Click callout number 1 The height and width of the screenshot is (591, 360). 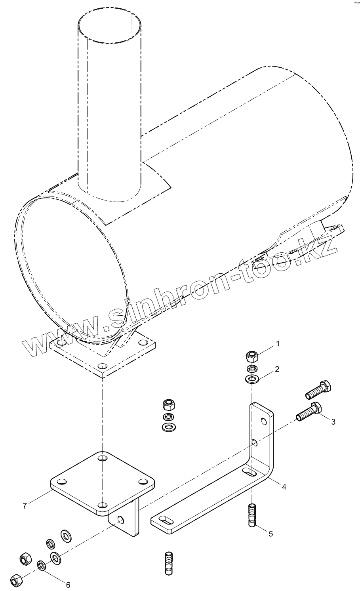[x=278, y=344]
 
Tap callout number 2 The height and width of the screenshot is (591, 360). [x=277, y=369]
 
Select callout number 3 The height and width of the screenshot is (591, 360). [x=333, y=422]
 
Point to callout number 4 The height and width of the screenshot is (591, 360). [x=284, y=487]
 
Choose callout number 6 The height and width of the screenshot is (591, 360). [x=68, y=584]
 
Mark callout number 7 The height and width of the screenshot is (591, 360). [x=25, y=506]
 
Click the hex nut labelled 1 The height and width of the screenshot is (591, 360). [x=252, y=357]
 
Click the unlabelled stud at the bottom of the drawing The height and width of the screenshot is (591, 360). [x=168, y=562]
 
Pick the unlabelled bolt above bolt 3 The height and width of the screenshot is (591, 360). [x=318, y=388]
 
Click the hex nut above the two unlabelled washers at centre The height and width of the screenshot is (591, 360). [x=169, y=404]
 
